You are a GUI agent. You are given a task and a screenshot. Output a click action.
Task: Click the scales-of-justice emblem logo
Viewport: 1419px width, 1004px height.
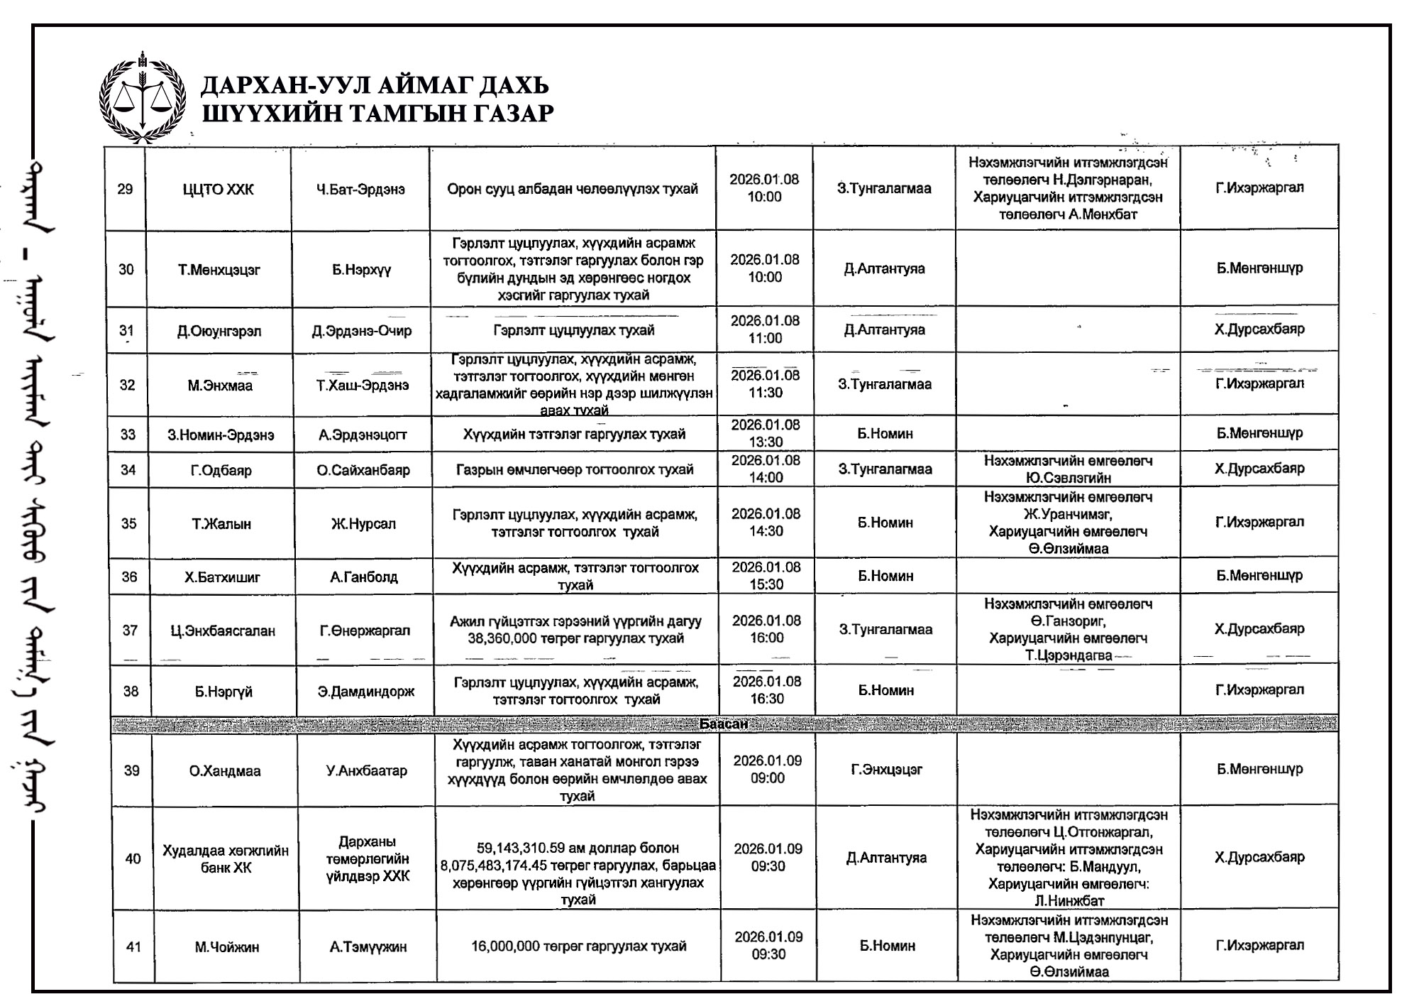[x=143, y=97]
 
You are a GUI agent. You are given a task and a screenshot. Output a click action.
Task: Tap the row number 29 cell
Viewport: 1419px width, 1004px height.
[x=125, y=189]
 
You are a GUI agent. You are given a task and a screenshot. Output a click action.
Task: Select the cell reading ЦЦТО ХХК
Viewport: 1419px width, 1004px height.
[x=218, y=190]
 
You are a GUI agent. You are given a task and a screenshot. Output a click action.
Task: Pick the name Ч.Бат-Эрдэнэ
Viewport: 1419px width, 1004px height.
[x=360, y=190]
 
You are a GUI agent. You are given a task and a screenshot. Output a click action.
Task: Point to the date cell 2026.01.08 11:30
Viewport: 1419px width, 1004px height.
[x=765, y=384]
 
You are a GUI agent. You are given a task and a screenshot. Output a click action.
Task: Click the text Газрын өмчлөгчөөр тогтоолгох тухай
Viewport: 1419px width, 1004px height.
[x=575, y=469]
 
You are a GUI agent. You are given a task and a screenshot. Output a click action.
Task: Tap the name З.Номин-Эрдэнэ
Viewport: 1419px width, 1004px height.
[x=221, y=435]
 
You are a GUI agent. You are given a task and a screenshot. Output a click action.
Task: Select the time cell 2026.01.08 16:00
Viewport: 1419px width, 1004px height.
[x=767, y=629]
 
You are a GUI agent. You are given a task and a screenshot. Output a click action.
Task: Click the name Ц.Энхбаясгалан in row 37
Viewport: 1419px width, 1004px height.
[x=223, y=631]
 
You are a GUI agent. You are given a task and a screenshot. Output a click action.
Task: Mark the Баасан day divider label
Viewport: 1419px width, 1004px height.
[x=723, y=724]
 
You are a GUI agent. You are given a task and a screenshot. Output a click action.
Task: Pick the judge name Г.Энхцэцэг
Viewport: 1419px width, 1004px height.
[x=886, y=770]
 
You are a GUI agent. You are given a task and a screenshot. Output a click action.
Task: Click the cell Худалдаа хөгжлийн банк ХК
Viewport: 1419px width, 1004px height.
[x=226, y=859]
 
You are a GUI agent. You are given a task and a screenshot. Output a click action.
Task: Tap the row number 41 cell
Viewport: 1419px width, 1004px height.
[x=133, y=946]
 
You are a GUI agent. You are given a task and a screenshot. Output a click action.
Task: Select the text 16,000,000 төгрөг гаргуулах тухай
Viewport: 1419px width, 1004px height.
[x=579, y=946]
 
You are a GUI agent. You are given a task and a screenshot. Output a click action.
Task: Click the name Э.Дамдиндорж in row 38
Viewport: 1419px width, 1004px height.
[x=366, y=692]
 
